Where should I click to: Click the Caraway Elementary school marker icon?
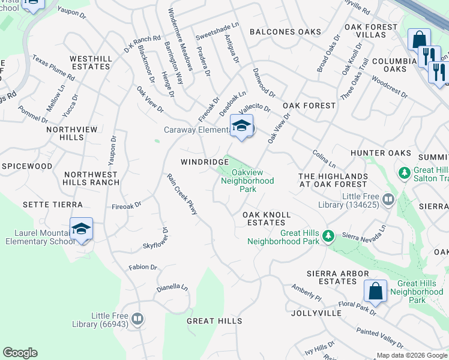(241, 126)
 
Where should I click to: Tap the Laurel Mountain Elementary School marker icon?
(81, 229)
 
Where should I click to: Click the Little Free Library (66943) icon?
(137, 319)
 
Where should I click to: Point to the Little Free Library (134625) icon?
(388, 199)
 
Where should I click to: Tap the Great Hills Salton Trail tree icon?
(405, 173)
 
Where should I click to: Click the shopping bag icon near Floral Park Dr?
(375, 291)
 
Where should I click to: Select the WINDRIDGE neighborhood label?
(200, 163)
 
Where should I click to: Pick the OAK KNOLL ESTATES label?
(267, 218)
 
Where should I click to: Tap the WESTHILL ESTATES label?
(90, 62)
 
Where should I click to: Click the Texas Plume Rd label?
(53, 69)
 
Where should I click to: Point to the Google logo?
(20, 353)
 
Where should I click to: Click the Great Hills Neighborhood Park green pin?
(328, 235)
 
